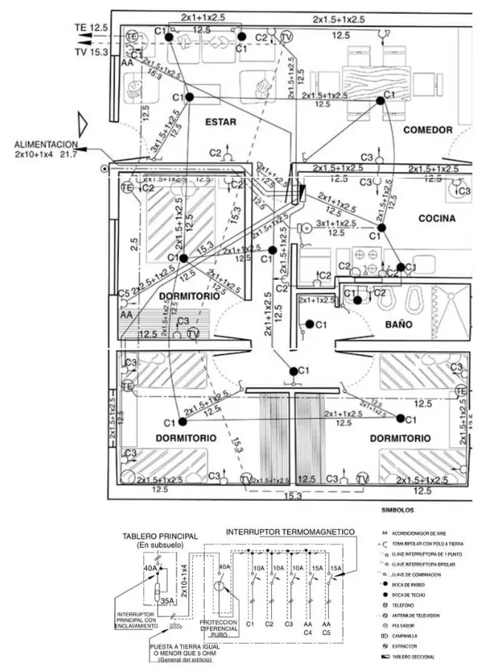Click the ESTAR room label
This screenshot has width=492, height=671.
coord(221,121)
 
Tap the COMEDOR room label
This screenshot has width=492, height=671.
coord(427,130)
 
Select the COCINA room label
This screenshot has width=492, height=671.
coord(436,218)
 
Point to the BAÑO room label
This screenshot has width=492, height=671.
coord(398,324)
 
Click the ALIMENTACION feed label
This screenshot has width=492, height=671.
coord(45,145)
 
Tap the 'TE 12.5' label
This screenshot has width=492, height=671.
coord(91,27)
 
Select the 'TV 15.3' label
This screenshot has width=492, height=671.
coord(92,52)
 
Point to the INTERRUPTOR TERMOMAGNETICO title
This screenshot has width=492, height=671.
coord(290,531)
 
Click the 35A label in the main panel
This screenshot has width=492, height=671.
coord(167,601)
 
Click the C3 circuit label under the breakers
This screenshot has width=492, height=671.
coord(288,625)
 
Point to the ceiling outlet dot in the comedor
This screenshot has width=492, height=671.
coord(380,101)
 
